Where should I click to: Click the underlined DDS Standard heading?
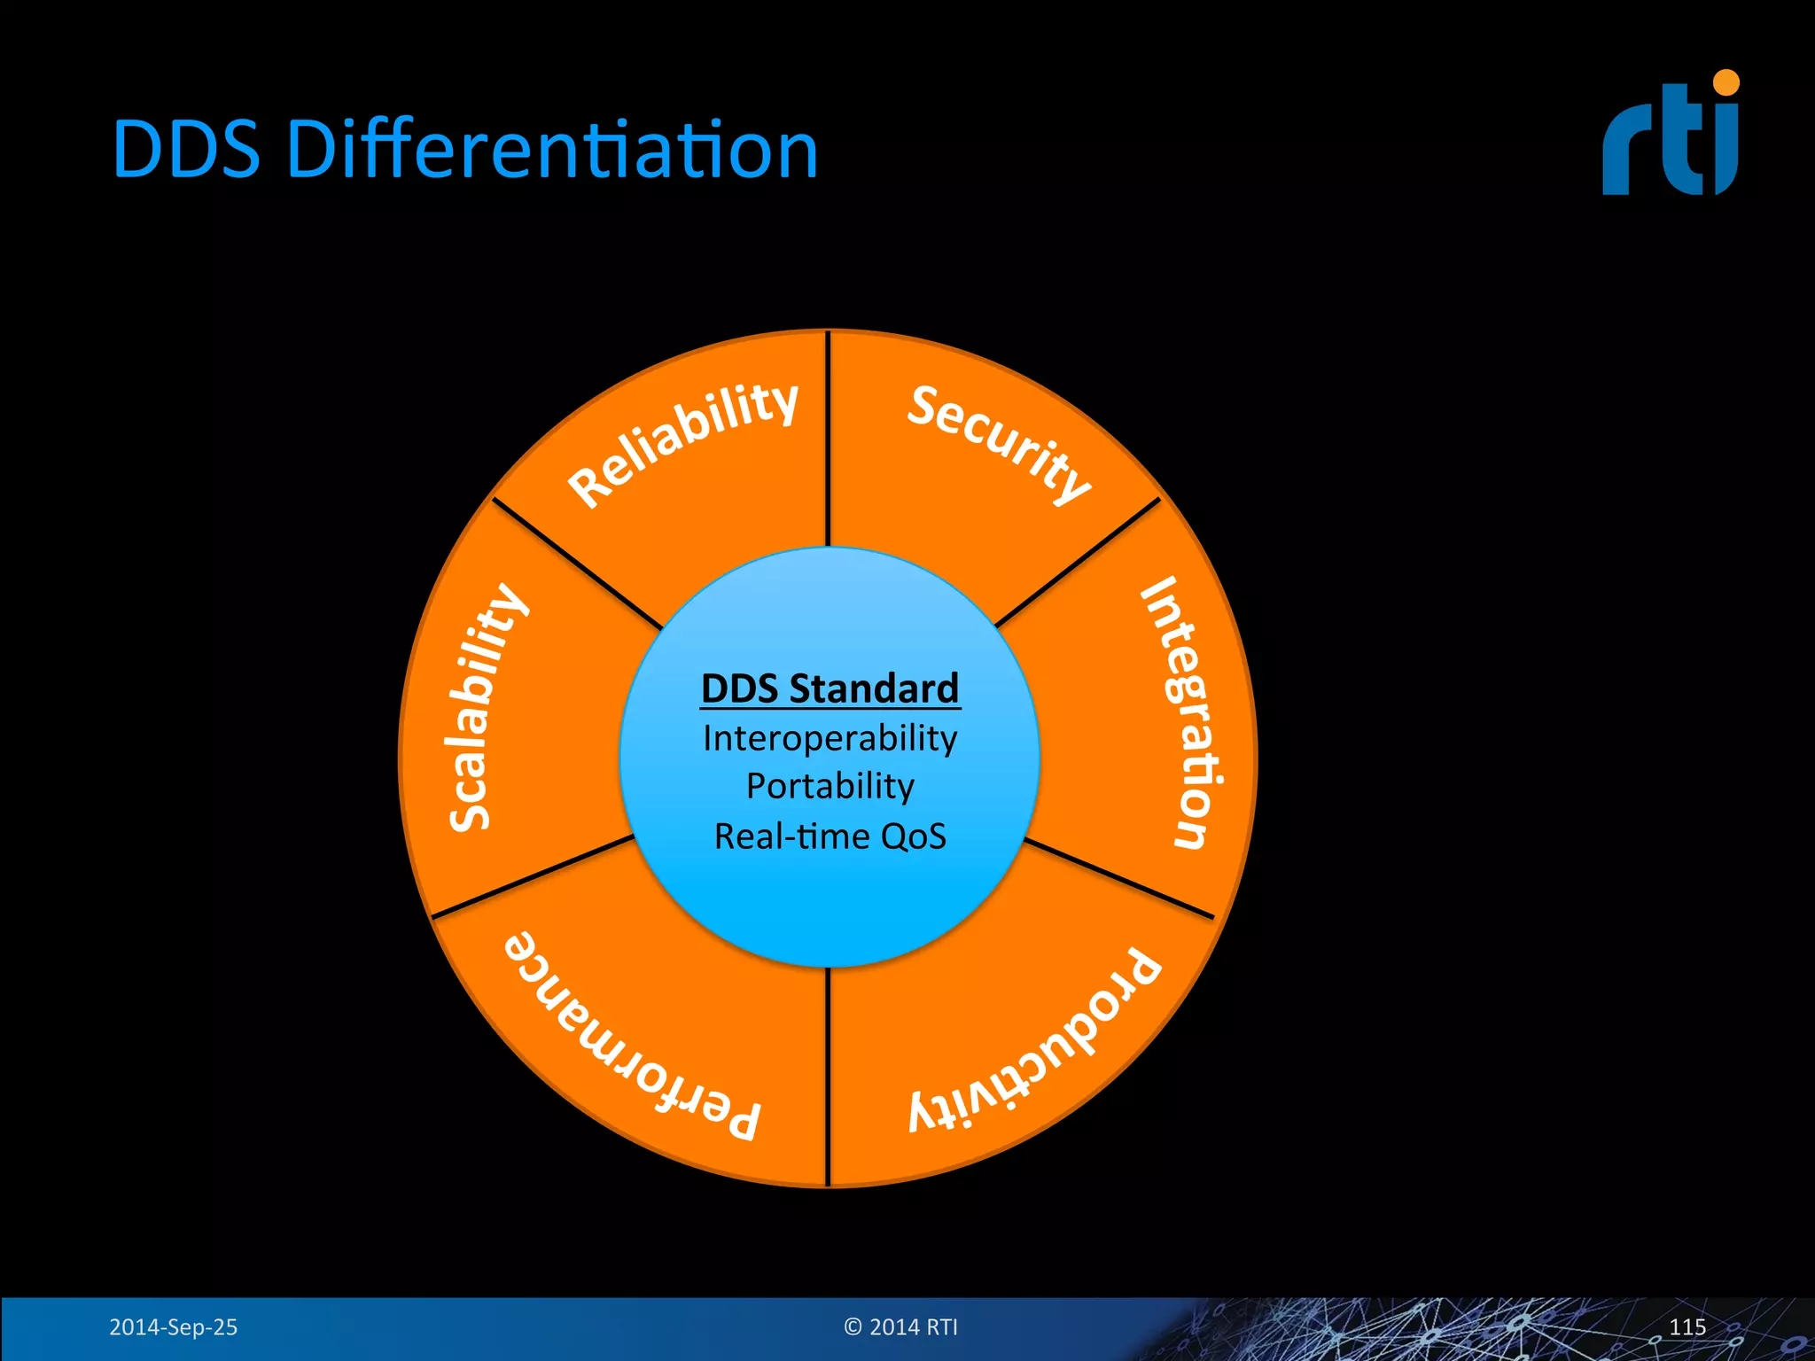click(830, 688)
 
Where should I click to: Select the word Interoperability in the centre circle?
click(830, 738)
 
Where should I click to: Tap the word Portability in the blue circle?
click(830, 787)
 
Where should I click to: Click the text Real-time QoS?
click(830, 836)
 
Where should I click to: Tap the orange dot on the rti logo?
click(1725, 82)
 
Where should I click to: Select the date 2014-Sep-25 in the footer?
click(173, 1326)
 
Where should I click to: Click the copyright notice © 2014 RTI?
click(900, 1326)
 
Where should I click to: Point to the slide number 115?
click(1686, 1326)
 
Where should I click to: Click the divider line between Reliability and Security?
click(828, 439)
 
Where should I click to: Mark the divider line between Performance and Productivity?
click(828, 1077)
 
